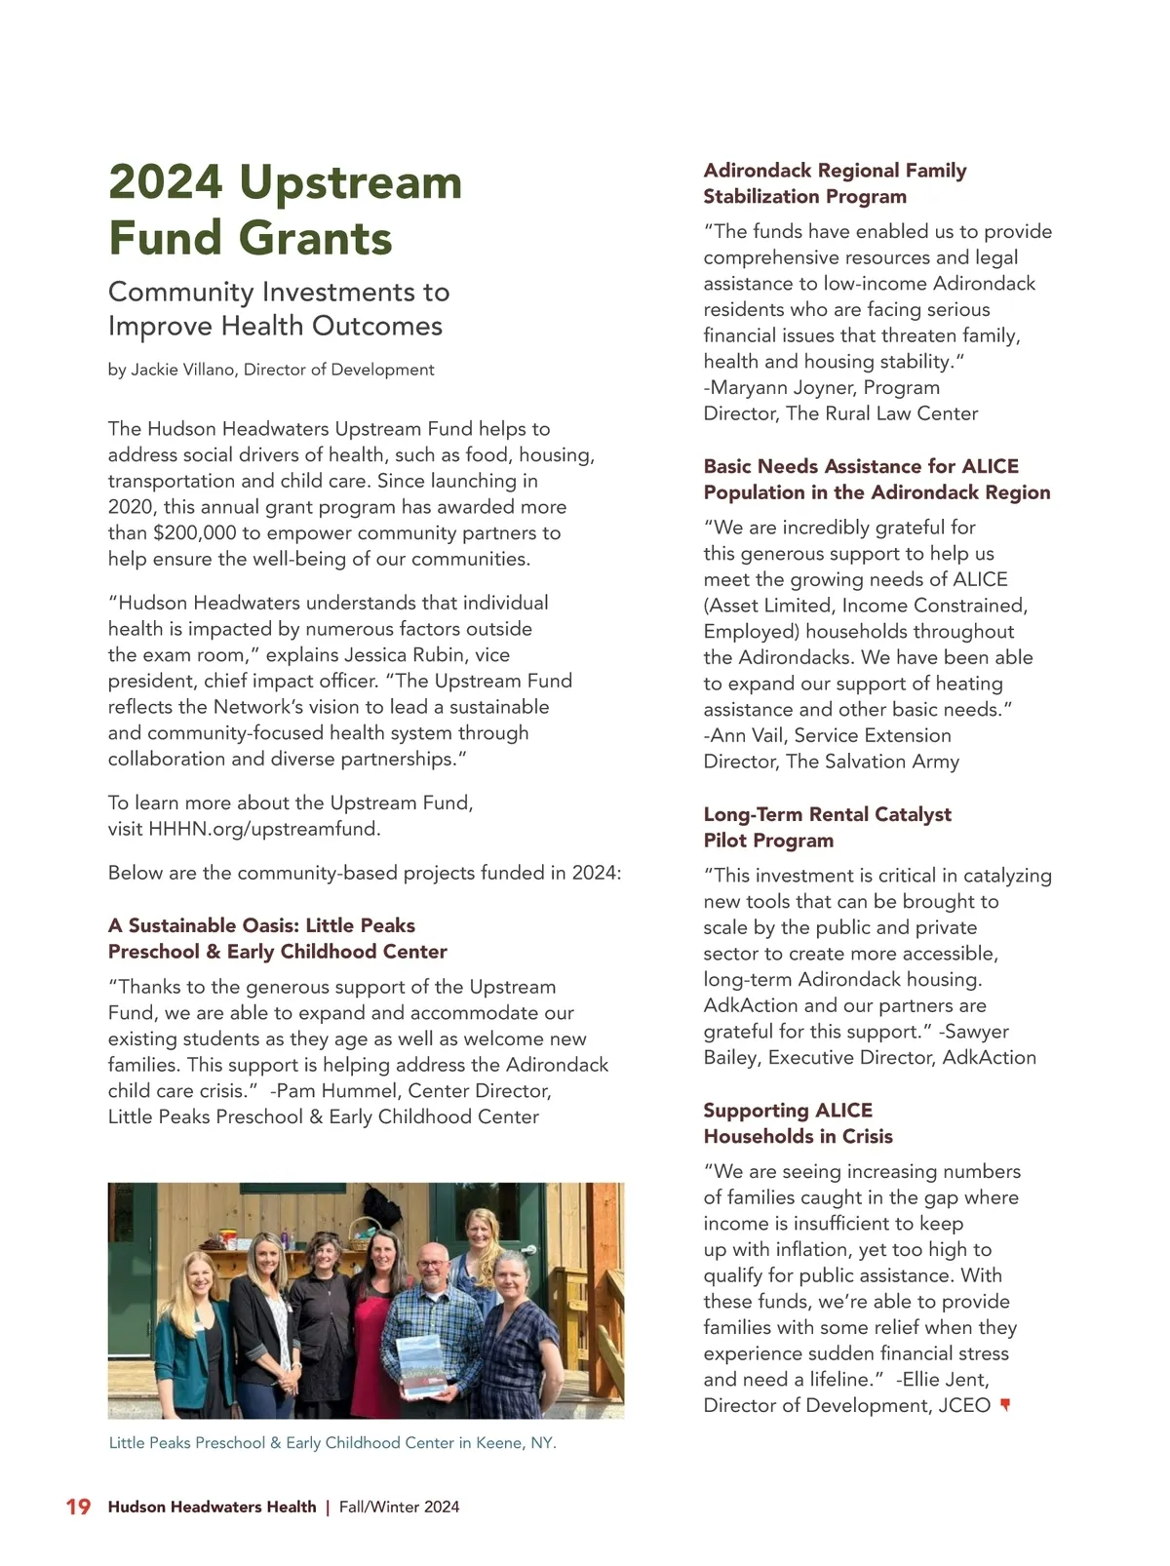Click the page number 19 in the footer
point(78,1507)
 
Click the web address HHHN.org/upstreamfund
point(264,829)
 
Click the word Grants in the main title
point(316,238)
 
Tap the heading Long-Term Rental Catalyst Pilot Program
point(827,827)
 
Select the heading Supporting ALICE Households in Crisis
point(798,1123)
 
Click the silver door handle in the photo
point(529,1250)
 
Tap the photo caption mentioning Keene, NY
point(332,1442)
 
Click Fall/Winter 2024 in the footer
point(399,1507)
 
